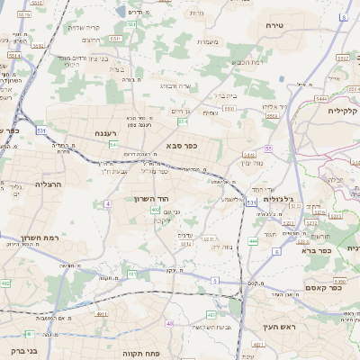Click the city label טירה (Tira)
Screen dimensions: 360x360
pos(274,26)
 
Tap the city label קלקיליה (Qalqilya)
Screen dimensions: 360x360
pos(343,111)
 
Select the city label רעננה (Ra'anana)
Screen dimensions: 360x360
pos(108,132)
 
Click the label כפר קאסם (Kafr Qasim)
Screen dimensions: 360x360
pos(323,288)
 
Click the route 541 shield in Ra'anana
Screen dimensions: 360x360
pos(114,144)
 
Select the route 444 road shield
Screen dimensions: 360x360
pos(254,241)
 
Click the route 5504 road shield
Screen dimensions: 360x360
pos(229,107)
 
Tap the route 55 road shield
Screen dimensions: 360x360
pos(268,148)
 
